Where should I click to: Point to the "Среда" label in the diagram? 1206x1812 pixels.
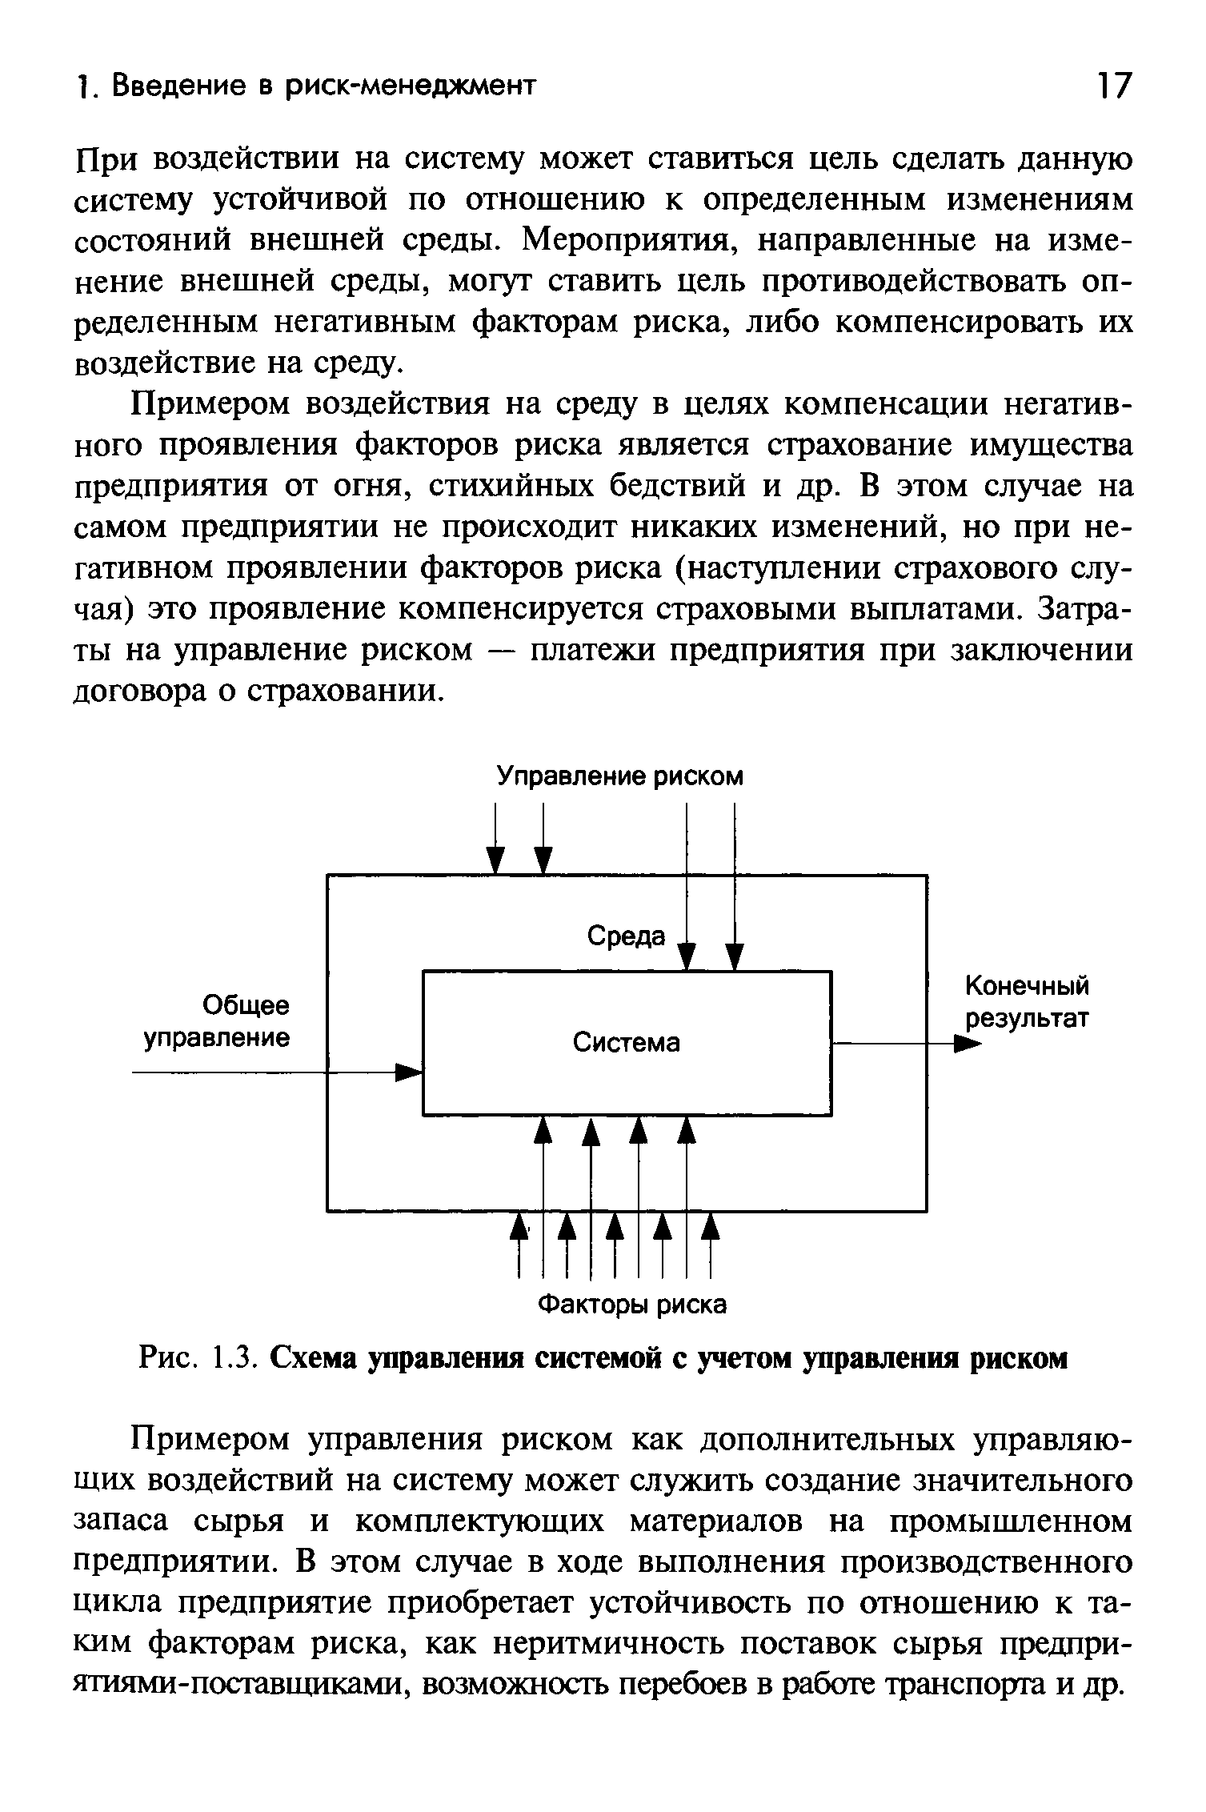coord(626,936)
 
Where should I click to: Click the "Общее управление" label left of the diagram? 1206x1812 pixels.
coord(217,1021)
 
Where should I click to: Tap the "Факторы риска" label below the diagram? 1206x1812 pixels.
coord(631,1305)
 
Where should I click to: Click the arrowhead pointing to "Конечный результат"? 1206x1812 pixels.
coord(967,1044)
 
